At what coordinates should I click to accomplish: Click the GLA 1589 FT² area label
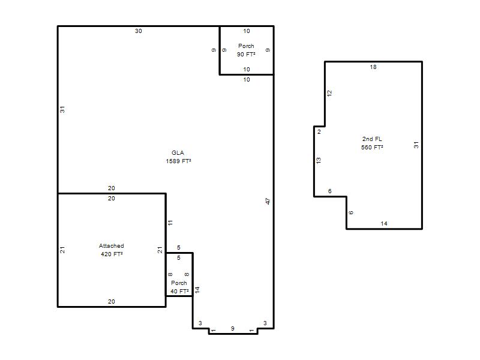(x=178, y=157)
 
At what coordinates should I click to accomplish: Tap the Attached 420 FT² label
(x=112, y=250)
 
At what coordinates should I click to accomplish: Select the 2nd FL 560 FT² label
(x=372, y=143)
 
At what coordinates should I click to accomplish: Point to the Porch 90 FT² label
(x=246, y=50)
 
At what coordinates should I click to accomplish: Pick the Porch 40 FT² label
(x=179, y=287)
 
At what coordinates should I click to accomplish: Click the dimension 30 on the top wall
(x=139, y=31)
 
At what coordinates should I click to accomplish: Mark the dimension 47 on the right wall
(x=268, y=201)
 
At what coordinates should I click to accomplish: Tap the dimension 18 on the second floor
(x=373, y=67)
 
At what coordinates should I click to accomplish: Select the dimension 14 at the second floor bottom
(x=384, y=223)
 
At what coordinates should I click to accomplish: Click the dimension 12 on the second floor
(x=329, y=93)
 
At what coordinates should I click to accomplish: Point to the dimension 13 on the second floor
(x=319, y=160)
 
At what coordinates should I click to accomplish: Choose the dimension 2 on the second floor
(x=319, y=131)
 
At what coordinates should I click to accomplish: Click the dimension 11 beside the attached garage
(x=170, y=223)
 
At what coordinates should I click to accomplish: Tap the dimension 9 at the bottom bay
(x=233, y=328)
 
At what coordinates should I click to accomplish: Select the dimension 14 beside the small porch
(x=197, y=290)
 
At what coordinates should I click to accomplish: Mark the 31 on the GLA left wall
(x=62, y=109)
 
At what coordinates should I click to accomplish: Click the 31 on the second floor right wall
(x=416, y=145)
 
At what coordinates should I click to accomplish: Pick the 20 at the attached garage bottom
(x=112, y=302)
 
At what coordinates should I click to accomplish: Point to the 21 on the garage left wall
(x=62, y=250)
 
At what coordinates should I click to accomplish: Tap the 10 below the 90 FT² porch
(x=247, y=80)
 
